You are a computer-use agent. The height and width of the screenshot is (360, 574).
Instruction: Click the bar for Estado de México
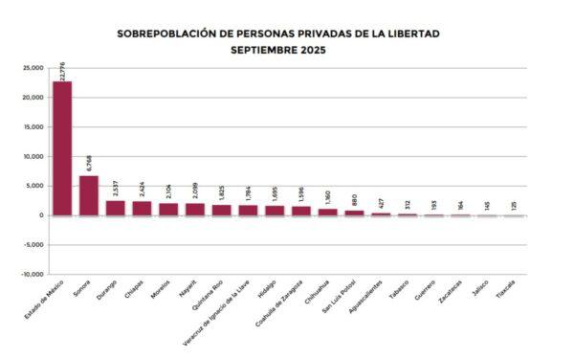62,148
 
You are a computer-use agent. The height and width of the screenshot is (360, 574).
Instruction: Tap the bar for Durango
115,208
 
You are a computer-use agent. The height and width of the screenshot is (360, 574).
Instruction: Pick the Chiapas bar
142,208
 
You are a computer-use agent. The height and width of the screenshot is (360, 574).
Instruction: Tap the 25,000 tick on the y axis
33,69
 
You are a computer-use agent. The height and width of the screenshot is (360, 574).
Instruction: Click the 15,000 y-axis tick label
33,127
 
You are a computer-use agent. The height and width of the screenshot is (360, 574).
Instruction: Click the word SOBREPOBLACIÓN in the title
168,33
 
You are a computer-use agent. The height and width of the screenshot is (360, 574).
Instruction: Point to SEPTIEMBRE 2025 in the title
278,49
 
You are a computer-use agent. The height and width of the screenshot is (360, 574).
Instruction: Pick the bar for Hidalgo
275,210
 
